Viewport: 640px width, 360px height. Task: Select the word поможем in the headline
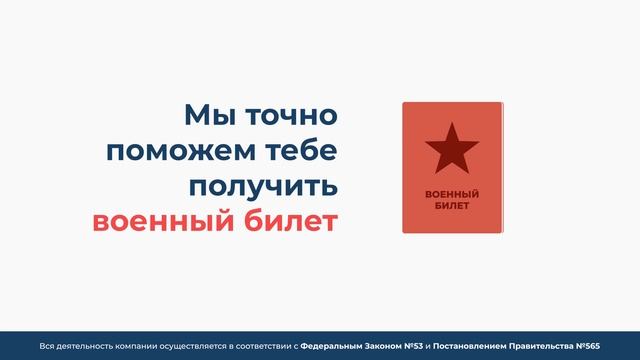[x=173, y=151]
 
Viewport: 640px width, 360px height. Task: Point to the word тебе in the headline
[x=297, y=151]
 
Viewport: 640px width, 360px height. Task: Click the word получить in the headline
[x=265, y=186]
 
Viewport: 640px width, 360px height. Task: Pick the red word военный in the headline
[x=154, y=220]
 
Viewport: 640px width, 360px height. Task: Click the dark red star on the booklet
[x=452, y=149]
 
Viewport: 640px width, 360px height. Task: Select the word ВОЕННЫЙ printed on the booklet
[x=452, y=193]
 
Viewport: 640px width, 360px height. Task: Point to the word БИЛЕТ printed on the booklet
[x=452, y=204]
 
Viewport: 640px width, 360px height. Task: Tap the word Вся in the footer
[x=47, y=345]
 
